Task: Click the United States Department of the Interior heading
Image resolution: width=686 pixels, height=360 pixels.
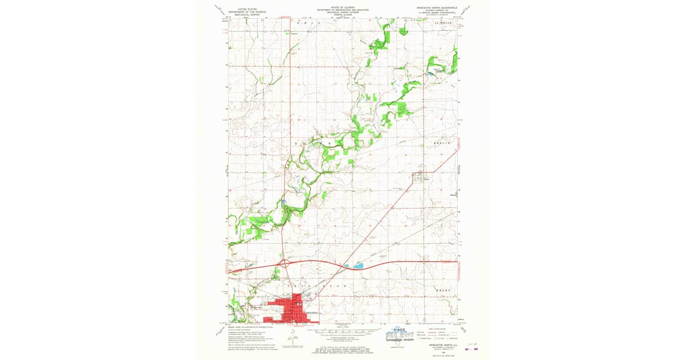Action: (245, 11)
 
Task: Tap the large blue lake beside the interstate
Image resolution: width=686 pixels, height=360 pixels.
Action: (357, 266)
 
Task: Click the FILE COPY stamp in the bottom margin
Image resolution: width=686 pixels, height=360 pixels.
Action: (400, 333)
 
